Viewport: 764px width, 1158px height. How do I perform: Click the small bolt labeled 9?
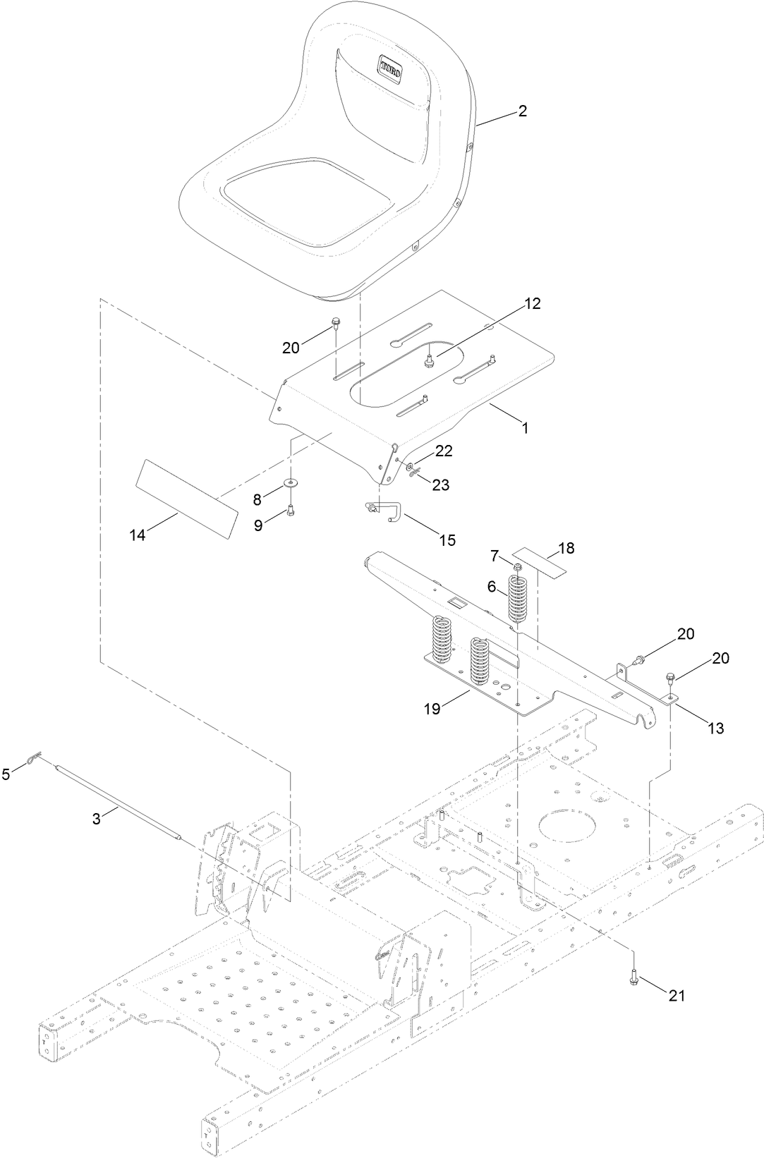click(290, 511)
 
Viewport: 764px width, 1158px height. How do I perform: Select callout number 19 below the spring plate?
click(432, 709)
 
